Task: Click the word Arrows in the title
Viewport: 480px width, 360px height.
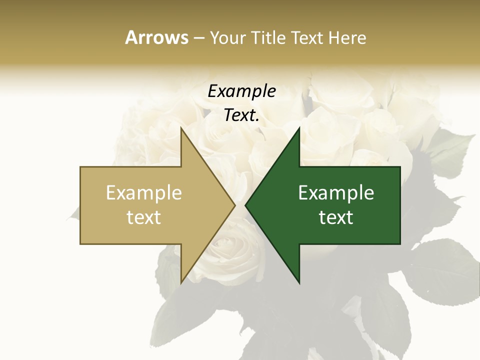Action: (156, 37)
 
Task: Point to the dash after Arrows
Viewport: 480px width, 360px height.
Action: (198, 38)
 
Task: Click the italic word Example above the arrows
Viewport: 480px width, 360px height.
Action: (241, 91)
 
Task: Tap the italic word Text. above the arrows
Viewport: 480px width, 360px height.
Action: (241, 115)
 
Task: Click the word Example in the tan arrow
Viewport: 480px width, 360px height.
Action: (144, 193)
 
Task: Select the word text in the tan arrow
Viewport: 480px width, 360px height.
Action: (144, 217)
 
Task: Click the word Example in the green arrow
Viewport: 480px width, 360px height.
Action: (336, 193)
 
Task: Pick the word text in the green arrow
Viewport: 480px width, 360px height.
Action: (336, 217)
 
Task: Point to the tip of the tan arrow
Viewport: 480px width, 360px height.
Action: (234, 205)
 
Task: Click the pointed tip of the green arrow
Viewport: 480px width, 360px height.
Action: (246, 205)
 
